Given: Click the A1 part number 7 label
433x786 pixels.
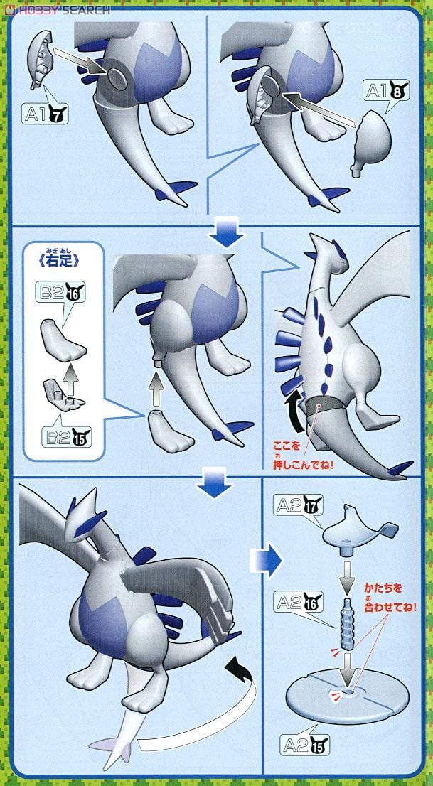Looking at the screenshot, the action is click(x=46, y=114).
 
